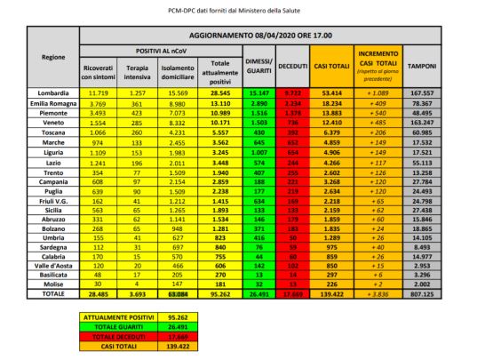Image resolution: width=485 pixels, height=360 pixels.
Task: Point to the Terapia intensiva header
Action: [x=137, y=71]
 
